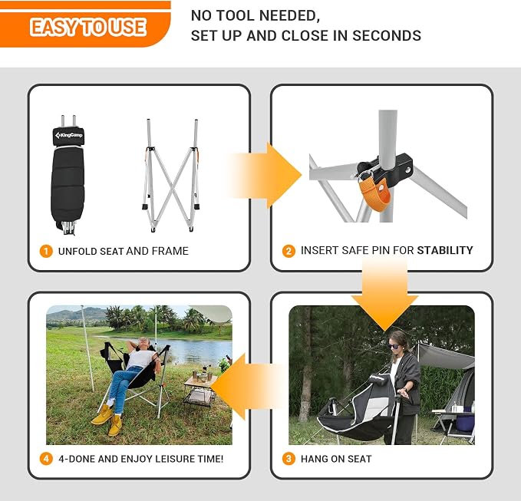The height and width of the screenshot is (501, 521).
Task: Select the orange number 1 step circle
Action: [x=46, y=251]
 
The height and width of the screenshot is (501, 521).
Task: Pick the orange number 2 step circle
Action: [x=289, y=251]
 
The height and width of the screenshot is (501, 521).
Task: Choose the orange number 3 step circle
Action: [x=289, y=459]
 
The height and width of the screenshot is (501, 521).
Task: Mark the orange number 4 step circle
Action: [x=46, y=459]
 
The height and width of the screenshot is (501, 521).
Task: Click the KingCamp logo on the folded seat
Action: [x=69, y=135]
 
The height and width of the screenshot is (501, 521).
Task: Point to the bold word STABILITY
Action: [x=445, y=250]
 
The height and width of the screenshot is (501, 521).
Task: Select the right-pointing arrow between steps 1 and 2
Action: [x=264, y=175]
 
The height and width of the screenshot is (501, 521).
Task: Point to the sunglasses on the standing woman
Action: [x=394, y=347]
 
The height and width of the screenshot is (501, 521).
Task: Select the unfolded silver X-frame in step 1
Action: [x=171, y=175]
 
